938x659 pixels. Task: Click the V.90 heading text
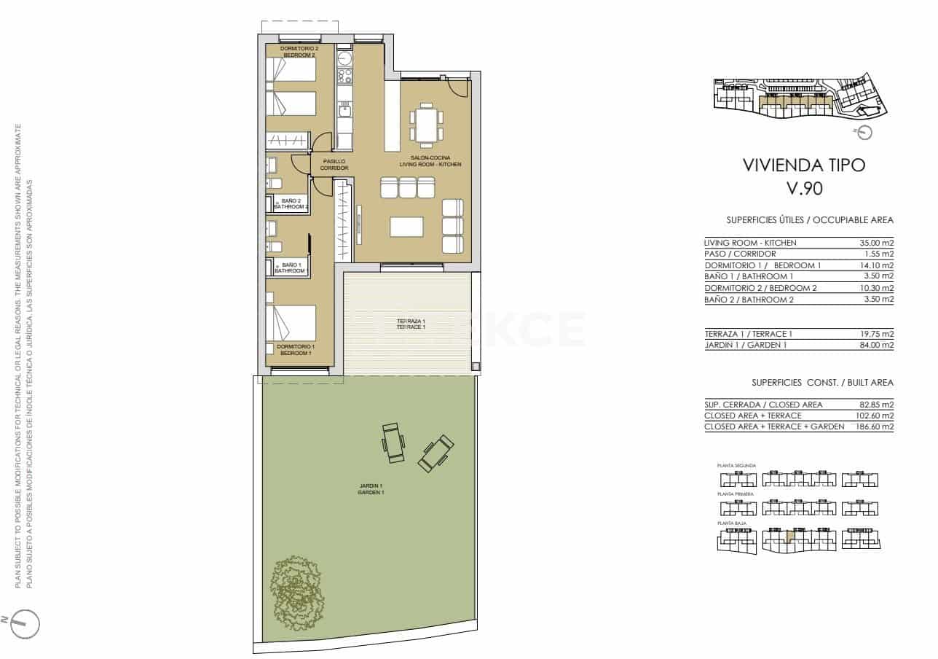pyautogui.click(x=804, y=188)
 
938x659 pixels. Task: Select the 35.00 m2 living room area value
pyautogui.click(x=877, y=243)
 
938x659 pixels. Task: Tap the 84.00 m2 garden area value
pyautogui.click(x=877, y=345)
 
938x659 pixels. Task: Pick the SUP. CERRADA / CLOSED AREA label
pyautogui.click(x=763, y=405)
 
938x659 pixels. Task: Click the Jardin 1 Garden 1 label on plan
pyautogui.click(x=371, y=489)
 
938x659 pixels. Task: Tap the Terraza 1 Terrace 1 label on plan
pyautogui.click(x=411, y=324)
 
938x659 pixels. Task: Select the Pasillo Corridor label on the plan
pyautogui.click(x=334, y=165)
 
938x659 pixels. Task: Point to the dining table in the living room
pyautogui.click(x=425, y=124)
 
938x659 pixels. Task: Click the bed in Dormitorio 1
pyautogui.click(x=291, y=322)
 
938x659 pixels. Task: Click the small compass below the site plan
pyautogui.click(x=864, y=132)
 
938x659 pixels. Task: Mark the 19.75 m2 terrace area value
pyautogui.click(x=877, y=334)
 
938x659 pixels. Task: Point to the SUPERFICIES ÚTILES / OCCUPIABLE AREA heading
pyautogui.click(x=810, y=219)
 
